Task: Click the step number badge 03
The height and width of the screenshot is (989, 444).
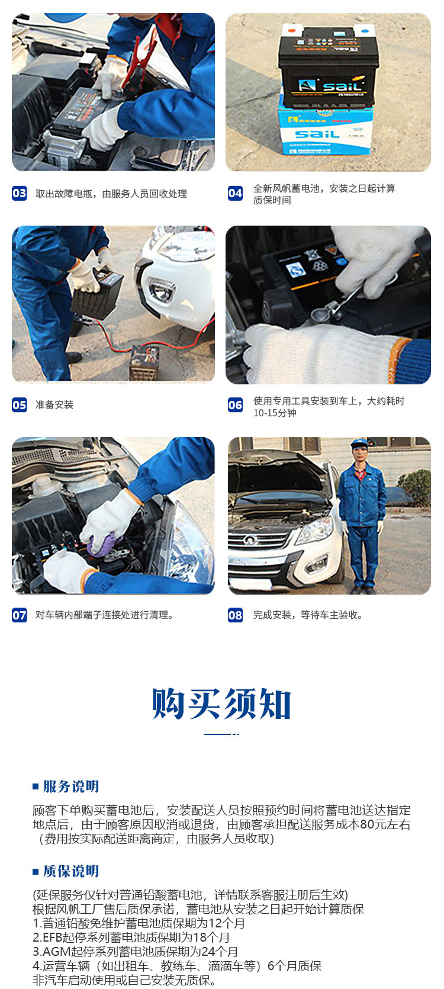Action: pos(20,194)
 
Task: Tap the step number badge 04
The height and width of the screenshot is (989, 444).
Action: pos(235,194)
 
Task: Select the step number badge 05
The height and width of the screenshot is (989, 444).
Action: pos(20,405)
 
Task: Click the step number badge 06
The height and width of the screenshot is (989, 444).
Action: pos(235,405)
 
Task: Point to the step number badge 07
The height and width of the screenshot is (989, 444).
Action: pos(20,615)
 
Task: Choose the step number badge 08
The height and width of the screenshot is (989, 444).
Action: pos(235,615)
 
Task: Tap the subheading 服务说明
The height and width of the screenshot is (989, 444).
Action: pos(71,786)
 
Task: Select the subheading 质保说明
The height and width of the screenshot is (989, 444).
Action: pos(71,871)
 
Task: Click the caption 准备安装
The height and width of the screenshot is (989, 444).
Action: pos(54,404)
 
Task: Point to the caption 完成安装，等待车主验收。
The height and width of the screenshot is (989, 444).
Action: pos(308,615)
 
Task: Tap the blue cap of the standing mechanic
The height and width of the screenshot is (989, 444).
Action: pos(359,443)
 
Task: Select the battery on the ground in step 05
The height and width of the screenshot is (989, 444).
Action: pos(144,362)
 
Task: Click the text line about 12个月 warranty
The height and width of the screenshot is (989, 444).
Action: pos(139,923)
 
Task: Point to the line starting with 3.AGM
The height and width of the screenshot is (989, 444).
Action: pos(136,952)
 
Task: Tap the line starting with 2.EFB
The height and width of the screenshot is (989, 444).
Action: pos(131,937)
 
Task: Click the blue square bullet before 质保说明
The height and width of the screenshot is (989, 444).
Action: pos(36,872)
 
